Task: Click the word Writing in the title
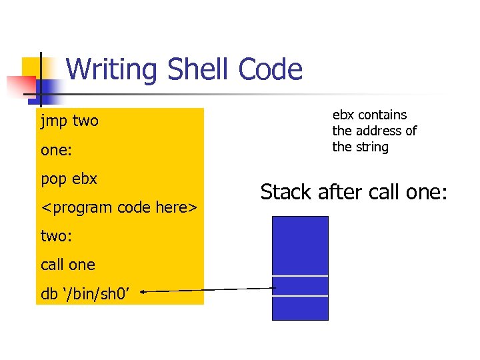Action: [113, 69]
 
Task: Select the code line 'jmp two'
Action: [69, 121]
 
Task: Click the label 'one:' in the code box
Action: [56, 150]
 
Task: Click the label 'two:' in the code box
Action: [56, 236]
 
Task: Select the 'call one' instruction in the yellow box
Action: [68, 265]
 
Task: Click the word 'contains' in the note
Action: [383, 115]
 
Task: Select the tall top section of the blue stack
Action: [300, 245]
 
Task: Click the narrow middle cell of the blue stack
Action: [300, 285]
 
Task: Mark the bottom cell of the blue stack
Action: [300, 307]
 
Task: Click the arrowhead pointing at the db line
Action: [144, 291]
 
